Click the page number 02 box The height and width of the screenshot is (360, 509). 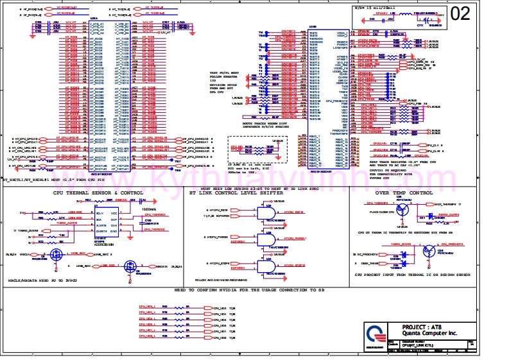coord(461,14)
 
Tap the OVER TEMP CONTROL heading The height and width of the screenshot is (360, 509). coord(404,193)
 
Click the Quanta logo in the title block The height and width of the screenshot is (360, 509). coord(375,333)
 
